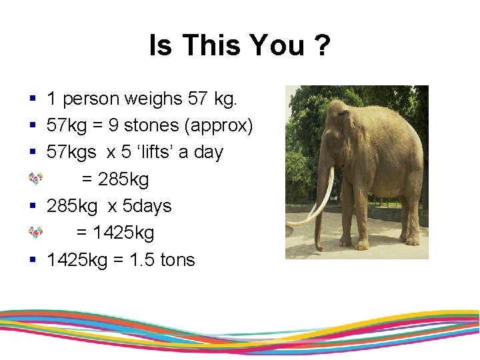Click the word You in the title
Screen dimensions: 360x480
[275, 46]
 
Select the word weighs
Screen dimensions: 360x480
[159, 99]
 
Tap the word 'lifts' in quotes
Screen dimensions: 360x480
[157, 152]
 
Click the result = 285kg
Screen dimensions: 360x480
[115, 179]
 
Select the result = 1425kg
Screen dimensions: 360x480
[115, 233]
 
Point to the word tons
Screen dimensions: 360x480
[177, 259]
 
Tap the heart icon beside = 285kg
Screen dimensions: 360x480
[35, 179]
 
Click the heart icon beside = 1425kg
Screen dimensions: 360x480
[35, 232]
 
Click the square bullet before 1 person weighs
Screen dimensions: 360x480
[33, 99]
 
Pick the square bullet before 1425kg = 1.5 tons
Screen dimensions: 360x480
[33, 259]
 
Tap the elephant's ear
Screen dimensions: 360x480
[347, 133]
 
